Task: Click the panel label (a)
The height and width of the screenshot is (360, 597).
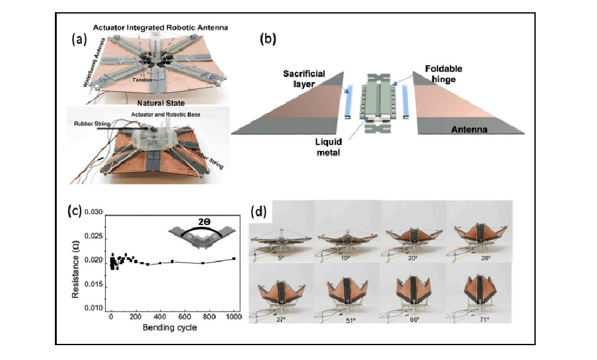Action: (x=79, y=38)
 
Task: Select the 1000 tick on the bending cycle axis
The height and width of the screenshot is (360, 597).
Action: (x=234, y=317)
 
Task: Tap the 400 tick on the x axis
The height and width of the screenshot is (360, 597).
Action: (x=160, y=317)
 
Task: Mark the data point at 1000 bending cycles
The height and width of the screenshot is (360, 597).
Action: (x=234, y=259)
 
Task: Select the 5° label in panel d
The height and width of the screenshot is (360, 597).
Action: (x=281, y=257)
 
